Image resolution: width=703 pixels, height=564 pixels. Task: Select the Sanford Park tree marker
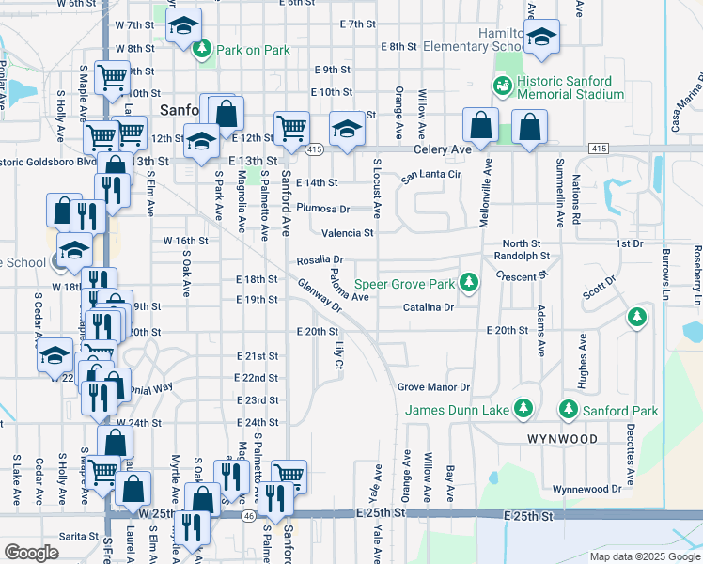568,410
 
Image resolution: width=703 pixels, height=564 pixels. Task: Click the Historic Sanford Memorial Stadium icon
503,87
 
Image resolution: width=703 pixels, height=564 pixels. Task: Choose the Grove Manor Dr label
432,387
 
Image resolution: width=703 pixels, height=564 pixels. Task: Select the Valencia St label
348,233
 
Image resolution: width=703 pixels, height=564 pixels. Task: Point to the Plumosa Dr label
322,209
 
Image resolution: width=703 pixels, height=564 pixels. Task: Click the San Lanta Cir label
430,176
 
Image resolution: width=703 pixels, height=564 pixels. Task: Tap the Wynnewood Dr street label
586,489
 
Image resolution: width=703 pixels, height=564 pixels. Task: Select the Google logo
31,553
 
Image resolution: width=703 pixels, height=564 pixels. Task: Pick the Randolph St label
522,256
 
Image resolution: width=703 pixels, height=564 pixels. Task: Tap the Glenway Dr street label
320,294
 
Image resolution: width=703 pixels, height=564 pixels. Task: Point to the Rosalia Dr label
320,259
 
